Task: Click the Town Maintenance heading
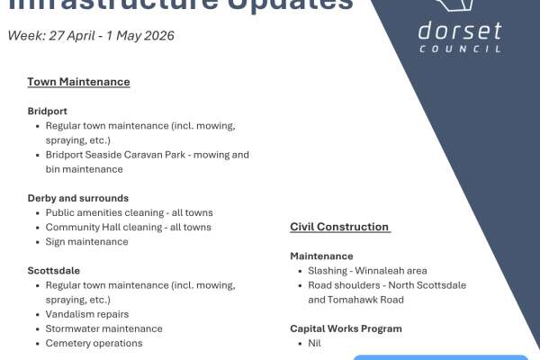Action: pos(78,82)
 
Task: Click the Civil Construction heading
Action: pos(339,227)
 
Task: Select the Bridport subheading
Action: pos(49,112)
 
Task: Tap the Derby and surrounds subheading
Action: pos(77,198)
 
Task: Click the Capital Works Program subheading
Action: pos(346,328)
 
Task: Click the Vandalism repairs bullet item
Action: pos(87,314)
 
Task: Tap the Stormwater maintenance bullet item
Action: pos(103,328)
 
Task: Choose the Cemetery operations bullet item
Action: pos(94,343)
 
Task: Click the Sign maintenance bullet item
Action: pos(86,241)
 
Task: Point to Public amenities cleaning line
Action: pos(129,212)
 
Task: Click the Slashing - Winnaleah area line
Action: pos(367,270)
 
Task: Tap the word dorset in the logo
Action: pos(460,31)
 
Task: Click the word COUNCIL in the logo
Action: pos(461,49)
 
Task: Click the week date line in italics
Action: pos(91,36)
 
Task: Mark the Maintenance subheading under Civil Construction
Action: pos(321,256)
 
